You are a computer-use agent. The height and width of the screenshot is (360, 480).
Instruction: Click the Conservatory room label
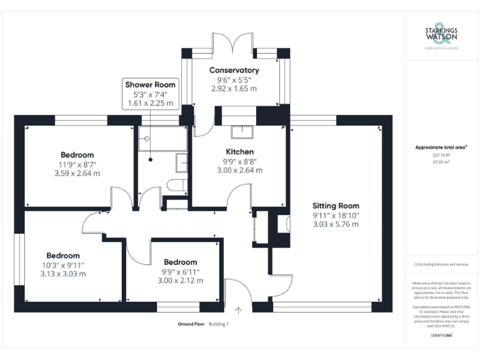pos(234,70)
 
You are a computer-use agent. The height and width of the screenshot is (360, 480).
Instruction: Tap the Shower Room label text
pos(151,84)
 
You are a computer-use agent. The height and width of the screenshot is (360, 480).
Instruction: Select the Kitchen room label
pos(239,152)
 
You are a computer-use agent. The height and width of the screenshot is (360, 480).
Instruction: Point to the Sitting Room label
pos(336,206)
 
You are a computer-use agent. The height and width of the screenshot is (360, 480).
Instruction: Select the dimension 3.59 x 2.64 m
pos(77,173)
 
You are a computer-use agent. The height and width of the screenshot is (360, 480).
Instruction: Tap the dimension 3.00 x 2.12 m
pos(180,281)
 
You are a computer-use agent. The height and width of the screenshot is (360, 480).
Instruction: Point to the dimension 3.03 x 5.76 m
pos(336,224)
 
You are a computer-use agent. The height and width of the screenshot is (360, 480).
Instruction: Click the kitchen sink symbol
pos(241,132)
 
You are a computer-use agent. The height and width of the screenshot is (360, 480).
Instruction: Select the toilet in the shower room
pos(177,184)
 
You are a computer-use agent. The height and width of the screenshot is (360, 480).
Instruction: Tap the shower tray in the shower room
pos(162,140)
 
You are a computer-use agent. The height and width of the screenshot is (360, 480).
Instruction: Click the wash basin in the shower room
pos(182,162)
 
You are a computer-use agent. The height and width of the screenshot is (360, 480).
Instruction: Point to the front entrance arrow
pos(237,309)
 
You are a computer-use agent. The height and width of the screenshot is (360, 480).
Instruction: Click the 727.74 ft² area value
pos(441,155)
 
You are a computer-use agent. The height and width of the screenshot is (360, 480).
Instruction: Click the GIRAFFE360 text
pos(441,336)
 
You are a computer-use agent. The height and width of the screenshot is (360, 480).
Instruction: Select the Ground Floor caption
pos(191,324)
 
